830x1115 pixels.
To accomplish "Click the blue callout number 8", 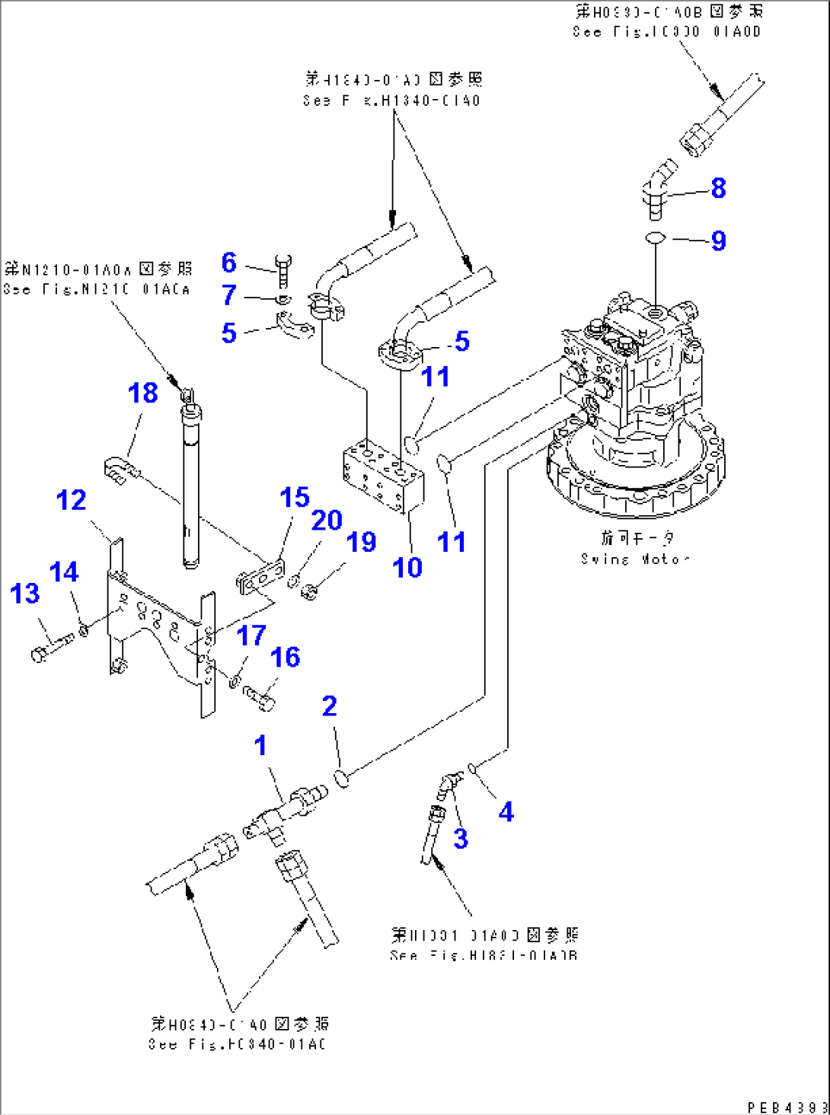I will point(718,188).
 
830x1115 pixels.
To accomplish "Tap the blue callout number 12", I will point(71,500).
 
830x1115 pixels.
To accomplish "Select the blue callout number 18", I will point(142,393).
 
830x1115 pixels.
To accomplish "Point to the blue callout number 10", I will point(407,567).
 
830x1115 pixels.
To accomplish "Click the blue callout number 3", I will point(461,838).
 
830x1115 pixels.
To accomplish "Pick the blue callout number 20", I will point(327,521).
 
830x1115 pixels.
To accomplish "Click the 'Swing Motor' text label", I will point(635,559).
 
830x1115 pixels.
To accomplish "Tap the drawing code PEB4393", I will point(787,1107).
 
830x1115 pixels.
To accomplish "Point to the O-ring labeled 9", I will point(655,239).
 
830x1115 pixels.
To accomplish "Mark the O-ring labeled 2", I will point(342,778).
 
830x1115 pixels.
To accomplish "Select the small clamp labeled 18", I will point(120,469).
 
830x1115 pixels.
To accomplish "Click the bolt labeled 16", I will point(260,696).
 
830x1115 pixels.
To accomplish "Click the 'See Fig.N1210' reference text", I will point(97,288).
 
